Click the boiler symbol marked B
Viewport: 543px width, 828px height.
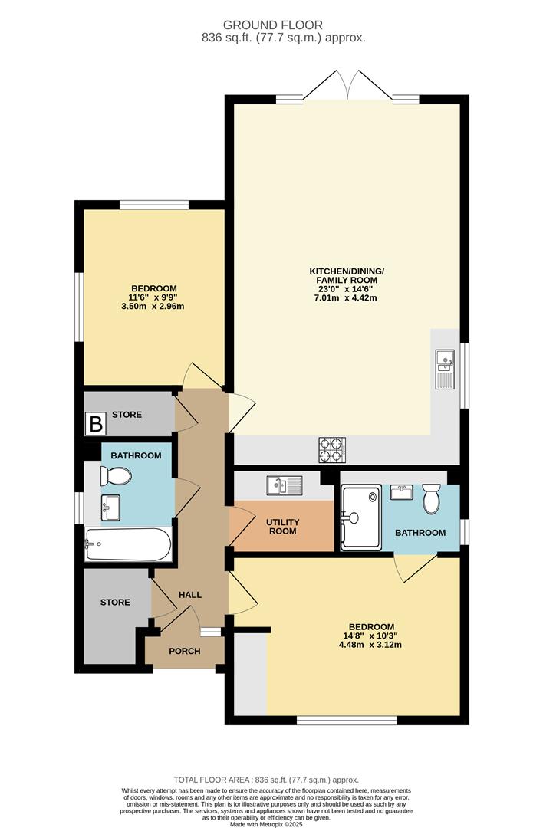96,424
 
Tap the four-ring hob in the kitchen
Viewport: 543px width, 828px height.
332,449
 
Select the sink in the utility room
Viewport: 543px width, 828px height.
285,485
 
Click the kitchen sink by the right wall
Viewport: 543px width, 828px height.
445,369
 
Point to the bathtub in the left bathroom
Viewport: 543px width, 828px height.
128,544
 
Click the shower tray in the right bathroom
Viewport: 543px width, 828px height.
360,518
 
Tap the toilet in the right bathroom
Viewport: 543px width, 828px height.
431,498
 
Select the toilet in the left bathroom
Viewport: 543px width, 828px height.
114,478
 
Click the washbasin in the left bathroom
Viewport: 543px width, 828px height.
110,507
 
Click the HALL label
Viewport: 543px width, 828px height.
190,595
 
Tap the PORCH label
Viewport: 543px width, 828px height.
184,651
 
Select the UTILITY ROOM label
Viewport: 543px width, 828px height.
283,527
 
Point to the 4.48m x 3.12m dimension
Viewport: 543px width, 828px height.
370,645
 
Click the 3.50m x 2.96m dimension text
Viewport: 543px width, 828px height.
153,306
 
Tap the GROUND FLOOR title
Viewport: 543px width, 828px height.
272,25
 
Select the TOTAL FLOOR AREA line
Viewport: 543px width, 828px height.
266,780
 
